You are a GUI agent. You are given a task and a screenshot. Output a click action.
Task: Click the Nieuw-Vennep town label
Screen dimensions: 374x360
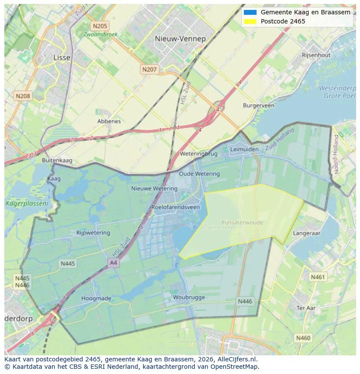point(180,39)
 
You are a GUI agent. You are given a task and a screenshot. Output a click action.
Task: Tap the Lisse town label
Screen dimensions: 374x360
point(61,57)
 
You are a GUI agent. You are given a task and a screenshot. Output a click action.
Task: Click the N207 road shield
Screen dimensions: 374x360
point(149,69)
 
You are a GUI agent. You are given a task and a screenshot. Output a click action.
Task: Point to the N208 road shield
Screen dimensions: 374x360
point(23,96)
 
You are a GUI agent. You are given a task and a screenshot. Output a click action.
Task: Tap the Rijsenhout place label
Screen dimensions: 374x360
point(316,55)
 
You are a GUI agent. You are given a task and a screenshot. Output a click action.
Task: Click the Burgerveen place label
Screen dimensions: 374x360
point(259,106)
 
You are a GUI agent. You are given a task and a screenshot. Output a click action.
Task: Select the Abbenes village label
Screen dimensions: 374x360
point(109,121)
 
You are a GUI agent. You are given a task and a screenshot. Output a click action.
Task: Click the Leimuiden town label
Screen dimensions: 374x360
point(244,149)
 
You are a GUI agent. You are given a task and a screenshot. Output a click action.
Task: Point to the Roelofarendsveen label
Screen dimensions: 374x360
point(176,207)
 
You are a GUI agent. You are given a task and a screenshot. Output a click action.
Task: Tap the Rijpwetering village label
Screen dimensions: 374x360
point(93,233)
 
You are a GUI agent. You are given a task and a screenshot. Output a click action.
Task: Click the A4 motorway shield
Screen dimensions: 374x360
point(113,263)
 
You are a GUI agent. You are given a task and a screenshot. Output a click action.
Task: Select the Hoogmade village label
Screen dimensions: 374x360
point(96,298)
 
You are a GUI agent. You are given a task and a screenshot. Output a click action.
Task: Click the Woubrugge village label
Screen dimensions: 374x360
point(189,298)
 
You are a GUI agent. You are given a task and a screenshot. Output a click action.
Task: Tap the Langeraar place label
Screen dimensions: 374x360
point(307,233)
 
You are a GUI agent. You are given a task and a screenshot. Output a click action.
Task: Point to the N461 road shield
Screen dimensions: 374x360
point(317,277)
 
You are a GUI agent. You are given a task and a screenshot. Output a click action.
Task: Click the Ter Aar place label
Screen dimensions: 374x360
point(306,308)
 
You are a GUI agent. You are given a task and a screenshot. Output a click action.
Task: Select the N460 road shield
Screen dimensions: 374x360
point(303,338)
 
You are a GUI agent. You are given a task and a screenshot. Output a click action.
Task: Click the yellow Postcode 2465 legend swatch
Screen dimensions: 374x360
point(250,21)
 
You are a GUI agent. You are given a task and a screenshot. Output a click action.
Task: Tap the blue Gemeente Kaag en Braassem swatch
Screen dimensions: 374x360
point(250,12)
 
